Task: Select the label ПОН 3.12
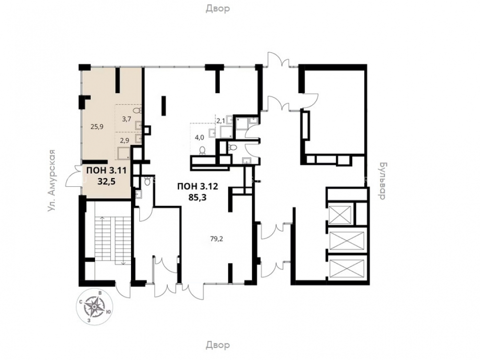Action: coord(198,186)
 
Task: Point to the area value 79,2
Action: coord(217,239)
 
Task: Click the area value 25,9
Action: coord(97,127)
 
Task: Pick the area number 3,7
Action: coord(126,120)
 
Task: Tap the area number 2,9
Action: coord(124,141)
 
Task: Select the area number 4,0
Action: coord(199,137)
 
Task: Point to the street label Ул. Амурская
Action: coord(51,180)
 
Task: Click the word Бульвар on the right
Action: coord(382,181)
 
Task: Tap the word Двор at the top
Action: coord(217,9)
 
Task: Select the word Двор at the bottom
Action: coord(217,345)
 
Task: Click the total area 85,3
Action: coord(198,197)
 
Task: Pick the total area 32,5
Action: coord(106,182)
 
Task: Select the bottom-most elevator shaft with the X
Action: coord(348,268)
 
